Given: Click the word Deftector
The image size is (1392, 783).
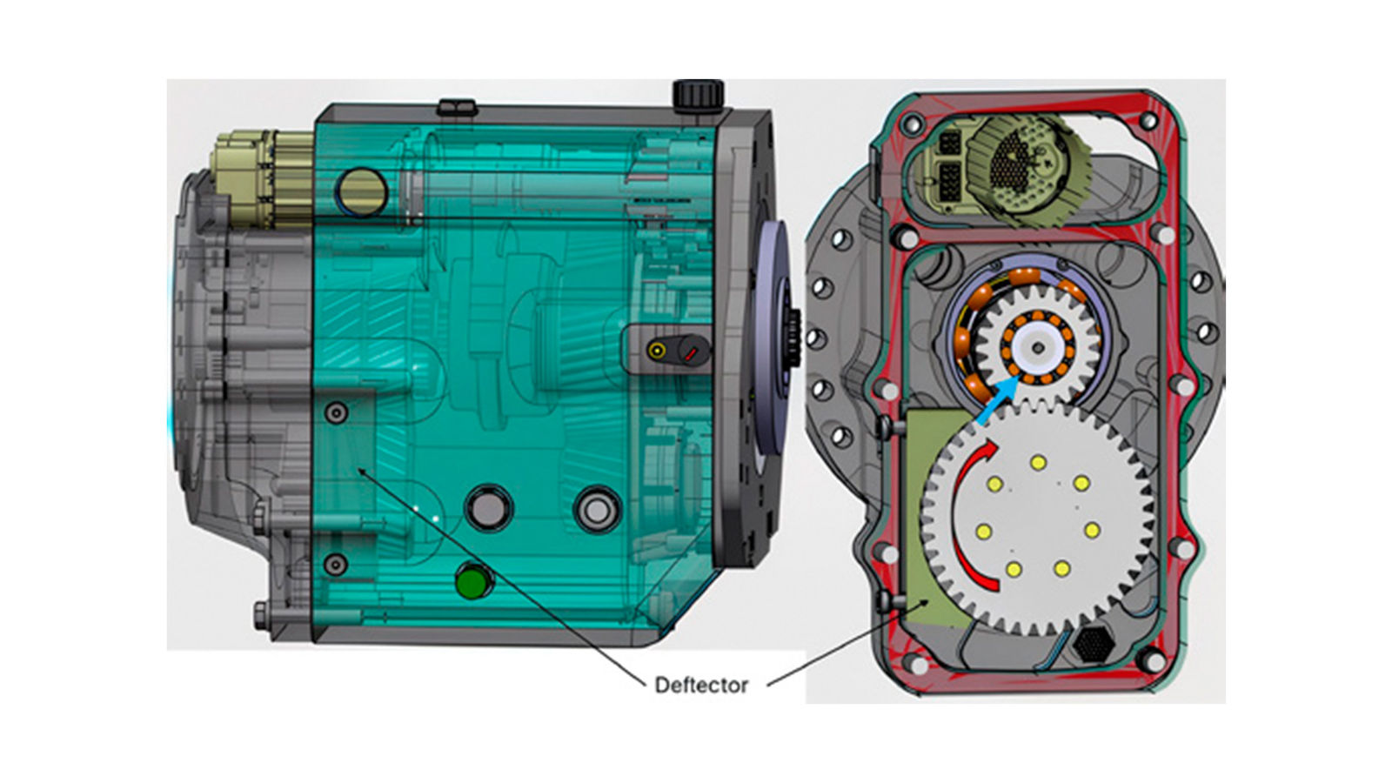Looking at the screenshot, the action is pyautogui.click(x=701, y=686).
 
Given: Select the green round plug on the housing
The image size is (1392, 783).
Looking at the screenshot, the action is pyautogui.click(x=472, y=583).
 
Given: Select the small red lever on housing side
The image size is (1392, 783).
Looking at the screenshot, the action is pyautogui.click(x=692, y=354).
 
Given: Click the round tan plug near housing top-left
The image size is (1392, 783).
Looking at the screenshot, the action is pyautogui.click(x=361, y=192).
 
